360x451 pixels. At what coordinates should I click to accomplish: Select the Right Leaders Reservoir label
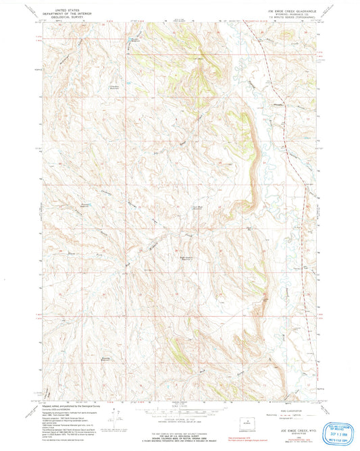(192, 257)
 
